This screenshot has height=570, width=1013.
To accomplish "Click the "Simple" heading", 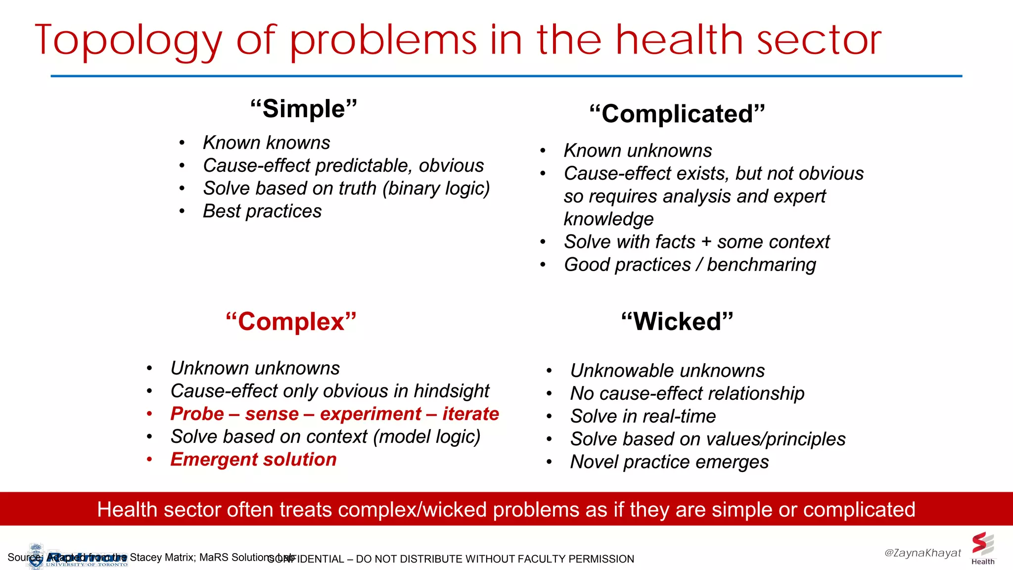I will (303, 109).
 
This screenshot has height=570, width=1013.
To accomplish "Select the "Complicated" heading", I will (677, 114).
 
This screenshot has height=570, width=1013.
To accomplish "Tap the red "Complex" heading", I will (291, 322).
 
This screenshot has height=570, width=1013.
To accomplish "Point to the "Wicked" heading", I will (677, 322).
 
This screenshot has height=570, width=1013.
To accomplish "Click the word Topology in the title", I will (129, 41).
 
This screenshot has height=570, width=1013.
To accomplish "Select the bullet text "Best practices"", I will (262, 211).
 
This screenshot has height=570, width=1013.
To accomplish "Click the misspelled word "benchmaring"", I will (761, 265).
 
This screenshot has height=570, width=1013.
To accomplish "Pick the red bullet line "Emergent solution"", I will (253, 460).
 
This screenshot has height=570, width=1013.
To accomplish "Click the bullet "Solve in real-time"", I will (643, 416).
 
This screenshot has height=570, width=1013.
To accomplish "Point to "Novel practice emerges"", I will (669, 462).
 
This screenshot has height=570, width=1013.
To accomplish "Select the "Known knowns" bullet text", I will (266, 143).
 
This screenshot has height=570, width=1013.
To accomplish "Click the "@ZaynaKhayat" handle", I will (922, 553).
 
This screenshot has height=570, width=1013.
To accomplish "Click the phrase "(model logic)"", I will (426, 437).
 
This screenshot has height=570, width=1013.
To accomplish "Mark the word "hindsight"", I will (451, 391).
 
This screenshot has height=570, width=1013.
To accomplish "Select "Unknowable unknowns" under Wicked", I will (667, 371).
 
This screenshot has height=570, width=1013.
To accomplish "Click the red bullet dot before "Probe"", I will (149, 414).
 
